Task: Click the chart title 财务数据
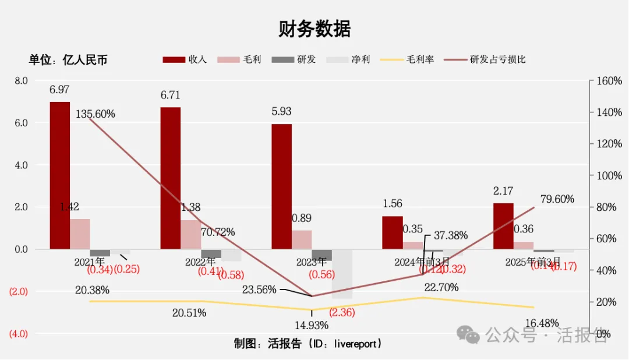tap(314, 28)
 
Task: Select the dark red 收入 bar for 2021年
tap(60, 175)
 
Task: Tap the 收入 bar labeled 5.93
tap(281, 186)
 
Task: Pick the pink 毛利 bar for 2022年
tap(190, 234)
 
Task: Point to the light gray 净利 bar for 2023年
tap(342, 274)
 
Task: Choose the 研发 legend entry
tap(294, 59)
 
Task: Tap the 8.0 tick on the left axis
tap(22, 80)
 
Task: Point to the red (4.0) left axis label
tap(17, 334)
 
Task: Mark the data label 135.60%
tap(96, 114)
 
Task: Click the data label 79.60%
tap(557, 199)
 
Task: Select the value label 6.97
tap(59, 90)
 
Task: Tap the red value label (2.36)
tap(342, 312)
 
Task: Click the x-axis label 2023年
tap(314, 262)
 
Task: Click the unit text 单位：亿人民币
tap(68, 59)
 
